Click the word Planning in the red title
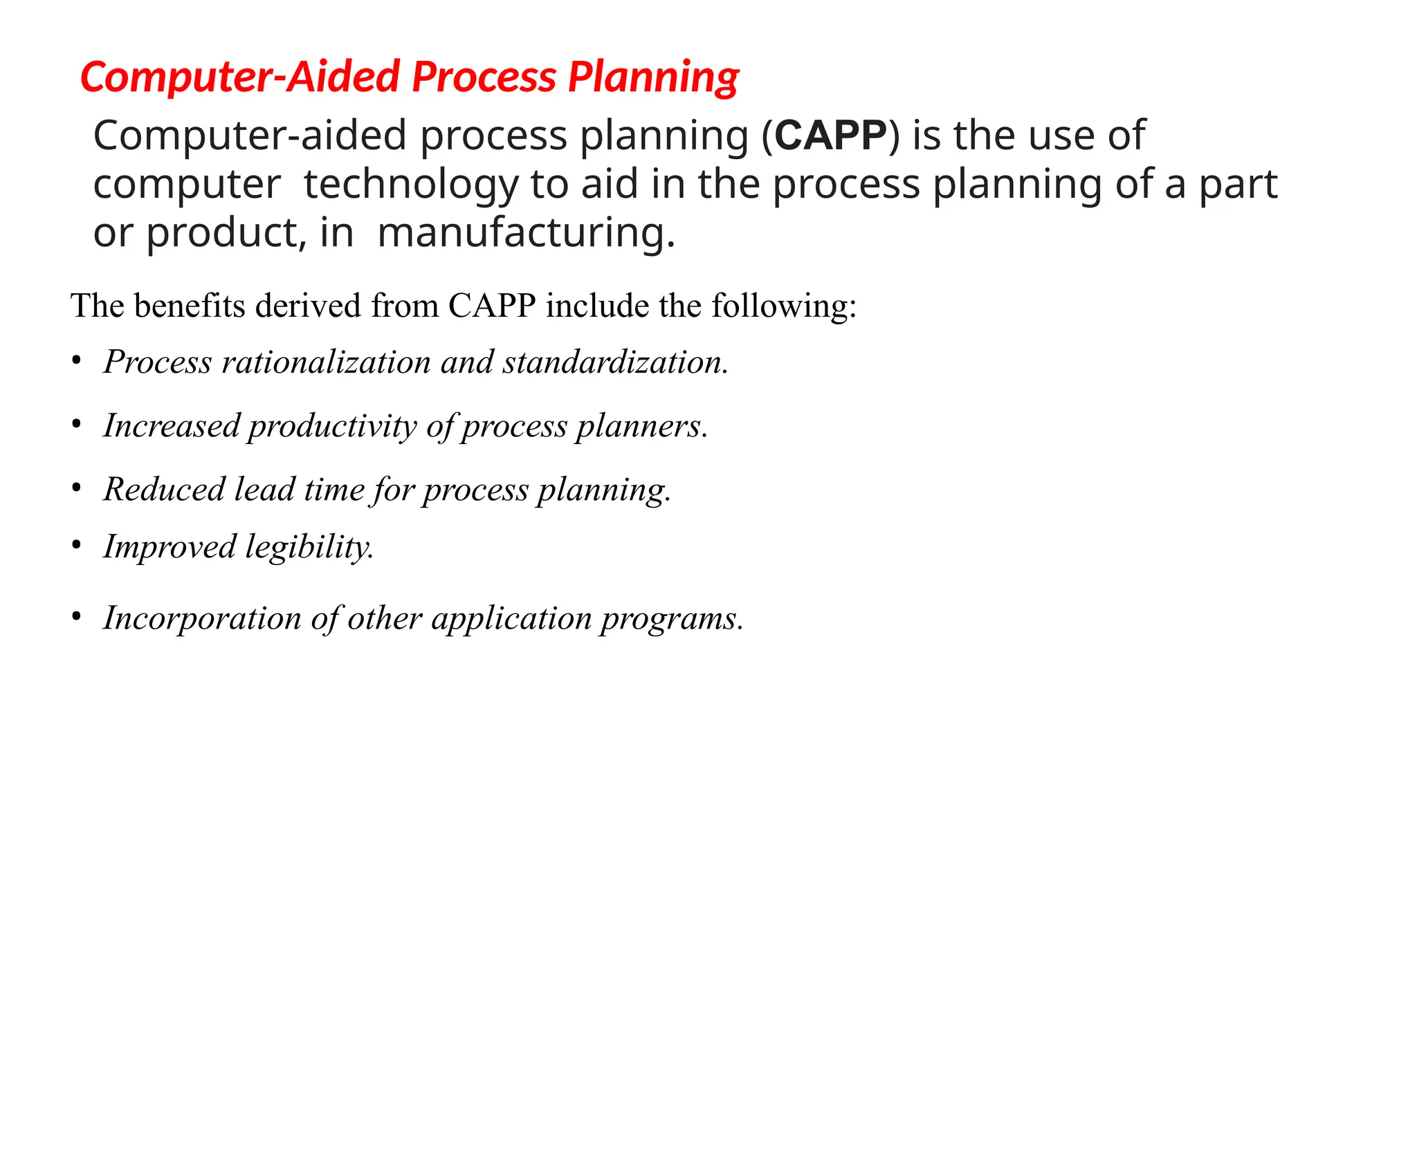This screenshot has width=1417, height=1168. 653,77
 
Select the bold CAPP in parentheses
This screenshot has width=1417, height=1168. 830,136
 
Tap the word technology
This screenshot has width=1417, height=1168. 411,185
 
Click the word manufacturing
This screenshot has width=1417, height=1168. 526,233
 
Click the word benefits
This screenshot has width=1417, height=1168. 190,306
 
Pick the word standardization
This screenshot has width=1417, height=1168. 615,362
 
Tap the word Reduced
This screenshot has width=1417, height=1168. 164,489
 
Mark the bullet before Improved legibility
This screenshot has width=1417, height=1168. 77,546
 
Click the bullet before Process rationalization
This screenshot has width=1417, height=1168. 77,361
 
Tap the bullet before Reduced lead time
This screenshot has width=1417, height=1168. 77,488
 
